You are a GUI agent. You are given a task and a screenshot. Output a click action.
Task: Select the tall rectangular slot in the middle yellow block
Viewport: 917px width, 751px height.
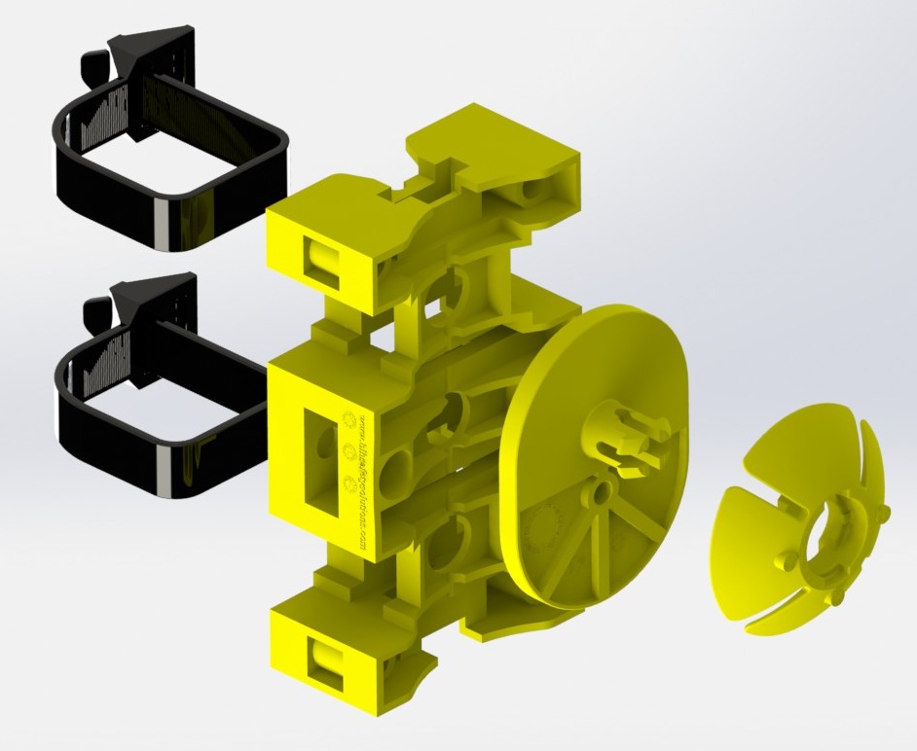[316, 456]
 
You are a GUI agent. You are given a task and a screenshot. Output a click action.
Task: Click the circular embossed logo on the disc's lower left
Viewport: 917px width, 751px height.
[543, 531]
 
